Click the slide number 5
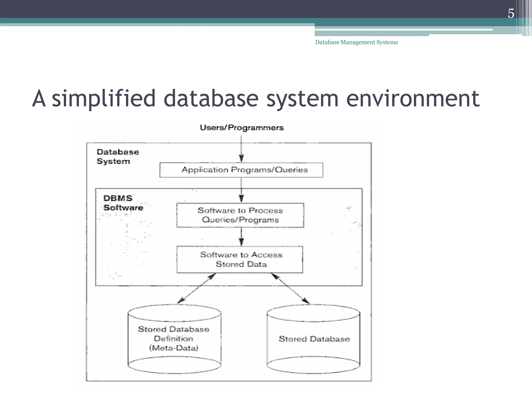pyautogui.click(x=511, y=14)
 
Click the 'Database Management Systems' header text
pyautogui.click(x=356, y=42)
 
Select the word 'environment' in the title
pyautogui.click(x=413, y=99)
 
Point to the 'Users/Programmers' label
pyautogui.click(x=242, y=128)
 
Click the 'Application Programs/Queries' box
pyautogui.click(x=241, y=170)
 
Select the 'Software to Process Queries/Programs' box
pyautogui.click(x=240, y=215)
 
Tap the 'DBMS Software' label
pyautogui.click(x=123, y=203)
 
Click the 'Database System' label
pyautogui.click(x=117, y=156)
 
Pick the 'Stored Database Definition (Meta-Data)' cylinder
pyautogui.click(x=174, y=339)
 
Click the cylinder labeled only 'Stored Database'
pyautogui.click(x=314, y=339)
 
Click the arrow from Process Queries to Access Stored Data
pyautogui.click(x=241, y=236)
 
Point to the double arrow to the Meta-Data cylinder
pyautogui.click(x=196, y=288)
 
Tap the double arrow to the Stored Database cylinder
pyautogui.click(x=290, y=288)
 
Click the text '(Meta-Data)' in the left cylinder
pyautogui.click(x=174, y=348)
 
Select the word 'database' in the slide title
pyautogui.click(x=211, y=99)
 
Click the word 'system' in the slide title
pyautogui.click(x=302, y=99)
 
